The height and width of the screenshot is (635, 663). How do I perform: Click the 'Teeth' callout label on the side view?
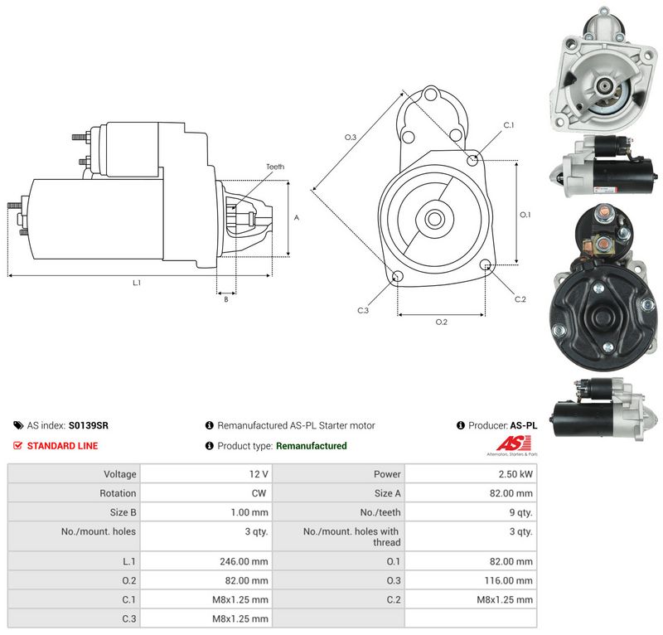pos(275,167)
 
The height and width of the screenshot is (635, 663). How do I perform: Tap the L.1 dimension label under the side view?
pos(137,283)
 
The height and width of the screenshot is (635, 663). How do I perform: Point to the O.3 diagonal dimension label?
pos(351,137)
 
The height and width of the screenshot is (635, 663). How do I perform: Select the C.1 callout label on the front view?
pos(509,125)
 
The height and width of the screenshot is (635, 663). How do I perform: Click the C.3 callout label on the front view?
pos(363,310)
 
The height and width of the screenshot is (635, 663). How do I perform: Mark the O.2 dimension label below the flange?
pos(442,322)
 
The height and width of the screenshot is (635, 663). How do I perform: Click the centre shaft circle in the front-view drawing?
pos(434,219)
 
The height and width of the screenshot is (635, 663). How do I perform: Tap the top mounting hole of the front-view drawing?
pos(431,94)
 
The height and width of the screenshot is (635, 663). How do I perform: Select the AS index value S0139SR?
pos(89,425)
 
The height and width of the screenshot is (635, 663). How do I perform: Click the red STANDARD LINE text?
pos(63,446)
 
